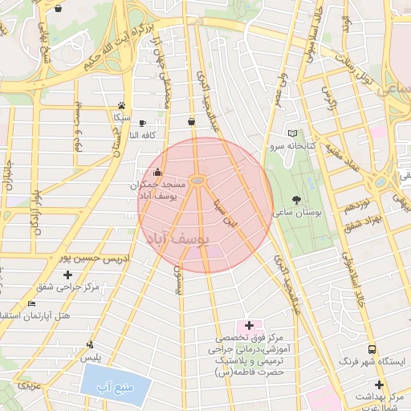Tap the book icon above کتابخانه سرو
coord(292,133)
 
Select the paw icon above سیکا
coord(121,104)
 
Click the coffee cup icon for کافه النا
coord(142,123)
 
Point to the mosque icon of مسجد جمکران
coord(157,171)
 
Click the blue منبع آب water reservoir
coord(116,384)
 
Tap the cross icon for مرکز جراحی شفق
coord(67,275)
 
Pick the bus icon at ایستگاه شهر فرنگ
coord(372,349)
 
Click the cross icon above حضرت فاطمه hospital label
coord(249,325)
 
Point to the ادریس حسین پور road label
coord(95,258)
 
